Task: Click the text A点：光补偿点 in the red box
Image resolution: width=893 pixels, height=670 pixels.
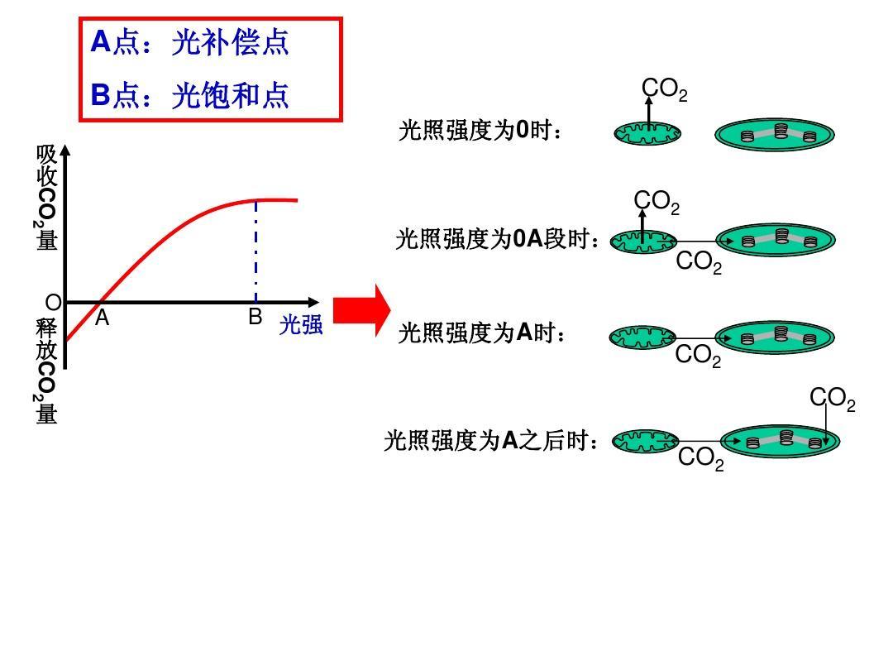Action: [x=189, y=43]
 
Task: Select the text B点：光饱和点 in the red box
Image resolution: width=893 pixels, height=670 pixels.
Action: [x=189, y=96]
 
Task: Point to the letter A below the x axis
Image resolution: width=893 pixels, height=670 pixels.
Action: [x=102, y=318]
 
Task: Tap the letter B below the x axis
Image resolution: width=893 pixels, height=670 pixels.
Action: [x=255, y=318]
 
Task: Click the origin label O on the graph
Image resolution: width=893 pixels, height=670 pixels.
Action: [x=53, y=302]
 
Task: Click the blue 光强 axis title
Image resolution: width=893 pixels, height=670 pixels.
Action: [x=300, y=325]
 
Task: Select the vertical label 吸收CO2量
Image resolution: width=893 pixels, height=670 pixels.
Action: [x=46, y=198]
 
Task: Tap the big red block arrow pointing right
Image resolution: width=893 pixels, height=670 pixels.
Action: [x=361, y=310]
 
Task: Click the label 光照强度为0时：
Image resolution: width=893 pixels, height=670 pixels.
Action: [x=480, y=131]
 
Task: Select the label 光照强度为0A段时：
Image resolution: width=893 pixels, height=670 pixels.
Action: [x=497, y=240]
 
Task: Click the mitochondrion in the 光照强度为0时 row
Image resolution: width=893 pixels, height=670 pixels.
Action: [x=647, y=133]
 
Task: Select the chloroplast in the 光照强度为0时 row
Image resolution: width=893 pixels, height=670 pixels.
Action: [x=775, y=135]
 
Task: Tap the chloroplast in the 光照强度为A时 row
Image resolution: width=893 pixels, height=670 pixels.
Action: [x=775, y=337]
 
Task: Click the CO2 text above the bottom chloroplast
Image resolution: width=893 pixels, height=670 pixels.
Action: [x=832, y=400]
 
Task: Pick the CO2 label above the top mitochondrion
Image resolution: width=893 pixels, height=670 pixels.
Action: [x=664, y=90]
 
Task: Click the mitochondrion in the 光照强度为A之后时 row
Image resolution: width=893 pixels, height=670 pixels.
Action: [x=645, y=442]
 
